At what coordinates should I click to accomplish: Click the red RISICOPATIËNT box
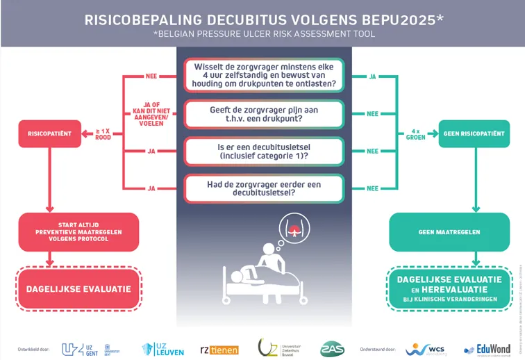pos(49,133)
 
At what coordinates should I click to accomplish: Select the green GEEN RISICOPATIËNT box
pos(475,133)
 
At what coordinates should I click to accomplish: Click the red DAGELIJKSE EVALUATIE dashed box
pos(78,288)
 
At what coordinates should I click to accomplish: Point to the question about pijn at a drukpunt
pos(264,114)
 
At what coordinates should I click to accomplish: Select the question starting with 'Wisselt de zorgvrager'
pos(264,75)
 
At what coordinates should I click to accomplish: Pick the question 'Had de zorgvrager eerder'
pos(264,188)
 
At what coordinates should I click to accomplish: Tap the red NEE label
pos(151,76)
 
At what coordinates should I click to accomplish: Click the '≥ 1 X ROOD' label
pos(103,133)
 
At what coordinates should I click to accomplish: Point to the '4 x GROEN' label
pos(415,133)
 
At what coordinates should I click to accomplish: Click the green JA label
pos(372,76)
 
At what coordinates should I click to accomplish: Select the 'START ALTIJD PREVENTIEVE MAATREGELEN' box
pos(78,231)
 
